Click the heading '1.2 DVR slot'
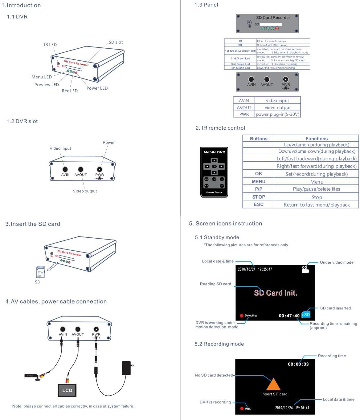tap(22, 121)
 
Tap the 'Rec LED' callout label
tap(70, 91)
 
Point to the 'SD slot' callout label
tap(116, 42)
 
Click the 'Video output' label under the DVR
tap(85, 191)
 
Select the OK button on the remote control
tap(214, 166)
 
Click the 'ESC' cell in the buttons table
tap(258, 204)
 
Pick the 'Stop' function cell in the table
tap(317, 197)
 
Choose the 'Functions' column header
tap(317, 139)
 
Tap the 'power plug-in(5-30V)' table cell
tap(277, 114)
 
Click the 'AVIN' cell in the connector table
tap(244, 100)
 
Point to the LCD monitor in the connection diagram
tap(67, 390)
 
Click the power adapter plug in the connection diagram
tap(127, 368)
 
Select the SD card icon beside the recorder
tap(40, 272)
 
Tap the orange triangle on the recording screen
tap(273, 384)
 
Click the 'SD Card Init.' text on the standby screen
tap(276, 293)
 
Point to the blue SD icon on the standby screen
tap(306, 314)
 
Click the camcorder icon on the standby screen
tap(305, 270)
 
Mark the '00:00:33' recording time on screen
tap(298, 364)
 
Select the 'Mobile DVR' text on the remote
tap(214, 152)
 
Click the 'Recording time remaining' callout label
tap(333, 324)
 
